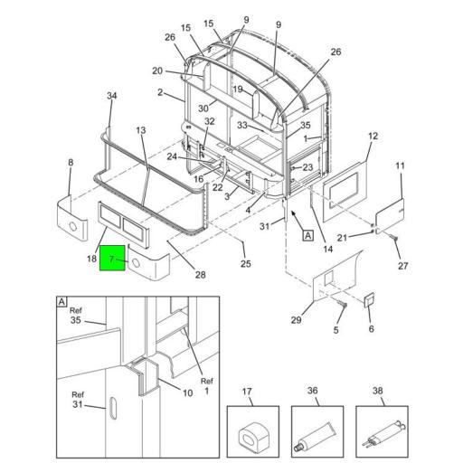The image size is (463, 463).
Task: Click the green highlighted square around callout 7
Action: [x=112, y=258]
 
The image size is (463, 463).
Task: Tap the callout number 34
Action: [x=112, y=96]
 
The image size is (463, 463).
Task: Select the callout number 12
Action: [x=373, y=137]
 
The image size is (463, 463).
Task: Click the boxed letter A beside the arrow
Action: [x=307, y=235]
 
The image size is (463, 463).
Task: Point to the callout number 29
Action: [x=296, y=320]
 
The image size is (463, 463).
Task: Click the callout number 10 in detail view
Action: [x=187, y=393]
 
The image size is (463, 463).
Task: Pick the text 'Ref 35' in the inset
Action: [x=76, y=316]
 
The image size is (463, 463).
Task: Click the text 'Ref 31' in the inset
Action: [x=78, y=400]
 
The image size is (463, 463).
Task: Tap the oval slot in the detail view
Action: [x=113, y=408]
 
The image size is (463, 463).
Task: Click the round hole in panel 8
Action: [x=73, y=226]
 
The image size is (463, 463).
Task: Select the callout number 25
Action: [x=246, y=264]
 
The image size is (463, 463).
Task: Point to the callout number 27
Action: [x=403, y=266]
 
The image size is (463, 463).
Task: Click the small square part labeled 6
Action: [x=370, y=300]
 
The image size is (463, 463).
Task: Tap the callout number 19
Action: [x=238, y=90]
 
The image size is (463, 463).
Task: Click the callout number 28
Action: [x=201, y=275]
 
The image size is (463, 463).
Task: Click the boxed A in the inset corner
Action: [x=61, y=302]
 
